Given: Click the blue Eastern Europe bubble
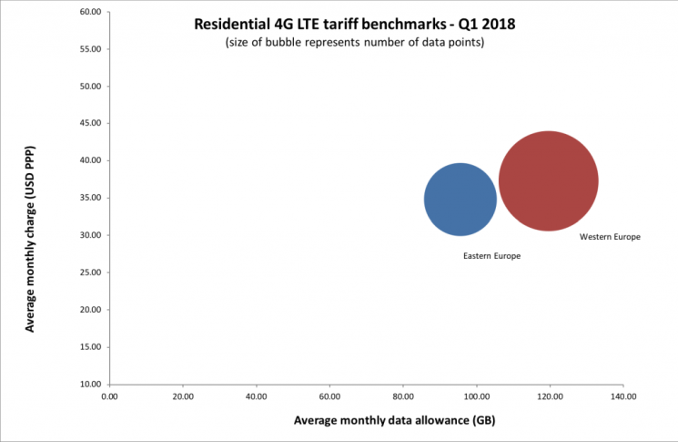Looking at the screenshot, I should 460,199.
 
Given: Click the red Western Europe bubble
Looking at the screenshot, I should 548,181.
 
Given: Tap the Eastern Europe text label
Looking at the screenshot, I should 491,256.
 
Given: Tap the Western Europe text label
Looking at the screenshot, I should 610,237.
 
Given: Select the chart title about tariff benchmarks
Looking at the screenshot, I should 354,25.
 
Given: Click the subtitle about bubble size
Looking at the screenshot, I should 354,44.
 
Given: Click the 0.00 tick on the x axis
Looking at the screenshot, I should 110,396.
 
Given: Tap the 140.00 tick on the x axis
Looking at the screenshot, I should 622,396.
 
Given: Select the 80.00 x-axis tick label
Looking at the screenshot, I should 403,396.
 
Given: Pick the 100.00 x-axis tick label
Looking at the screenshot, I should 476,396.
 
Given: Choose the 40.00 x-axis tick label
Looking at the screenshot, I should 257,396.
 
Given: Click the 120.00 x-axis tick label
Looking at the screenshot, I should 550,396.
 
